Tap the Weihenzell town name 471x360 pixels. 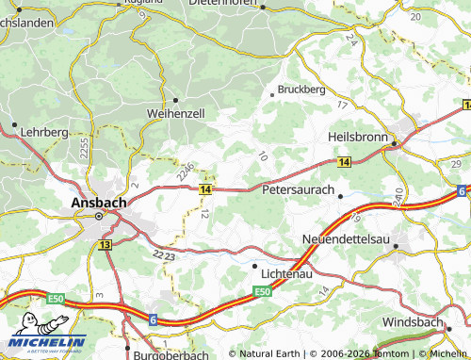point(175,113)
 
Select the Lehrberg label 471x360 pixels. point(44,134)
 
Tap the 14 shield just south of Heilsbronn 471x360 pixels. point(343,163)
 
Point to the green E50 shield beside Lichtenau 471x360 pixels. point(264,293)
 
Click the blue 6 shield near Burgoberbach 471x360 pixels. point(153,319)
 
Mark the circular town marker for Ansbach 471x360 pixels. point(99,216)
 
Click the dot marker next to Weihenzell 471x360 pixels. point(175,99)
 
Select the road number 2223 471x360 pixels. point(163,254)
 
